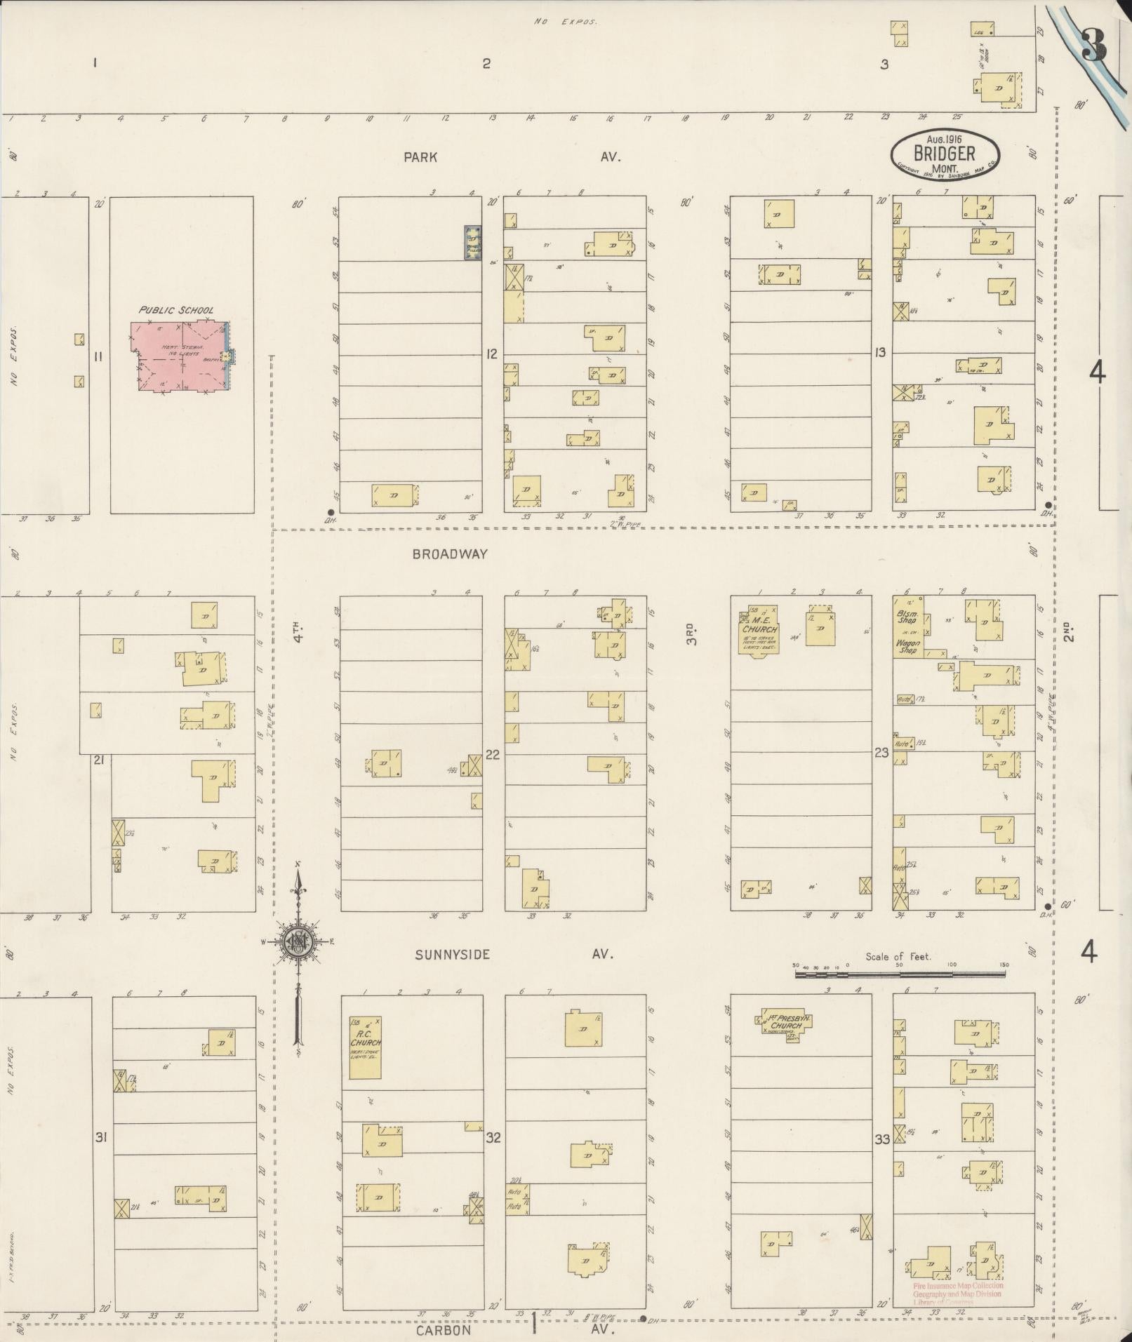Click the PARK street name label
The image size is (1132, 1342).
[x=420, y=158]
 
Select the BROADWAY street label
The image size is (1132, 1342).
[x=449, y=554]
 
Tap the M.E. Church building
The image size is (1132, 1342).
[x=759, y=630]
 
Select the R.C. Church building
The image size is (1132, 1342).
[x=365, y=1047]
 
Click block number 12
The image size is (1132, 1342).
[x=491, y=354]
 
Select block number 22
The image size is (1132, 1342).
[x=493, y=755]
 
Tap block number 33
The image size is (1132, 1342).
[x=881, y=1140]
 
